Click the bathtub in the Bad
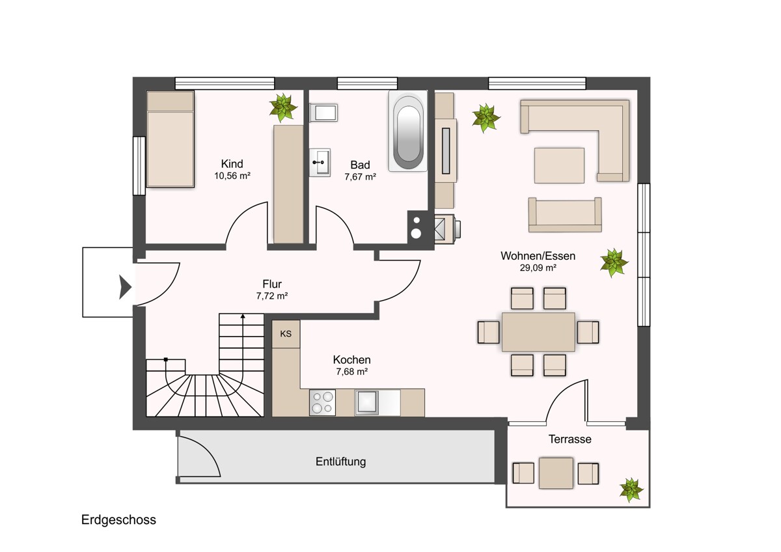click(x=408, y=131)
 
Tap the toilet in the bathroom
click(x=323, y=112)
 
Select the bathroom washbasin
click(x=320, y=163)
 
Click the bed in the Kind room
click(x=170, y=139)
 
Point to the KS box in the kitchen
click(x=286, y=334)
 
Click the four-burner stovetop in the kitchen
click(x=323, y=402)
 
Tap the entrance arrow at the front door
click(x=125, y=287)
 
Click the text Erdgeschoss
click(x=118, y=519)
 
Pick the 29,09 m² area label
click(x=538, y=268)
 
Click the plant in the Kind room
click(x=283, y=107)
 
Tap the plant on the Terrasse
click(x=631, y=490)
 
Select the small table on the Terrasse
click(x=556, y=473)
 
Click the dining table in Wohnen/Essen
click(x=538, y=332)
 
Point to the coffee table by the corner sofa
click(x=559, y=165)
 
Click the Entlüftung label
click(x=340, y=462)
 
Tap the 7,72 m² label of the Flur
click(x=272, y=296)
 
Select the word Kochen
click(x=352, y=359)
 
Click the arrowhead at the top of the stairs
click(x=243, y=316)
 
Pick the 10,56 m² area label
click(x=232, y=176)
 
